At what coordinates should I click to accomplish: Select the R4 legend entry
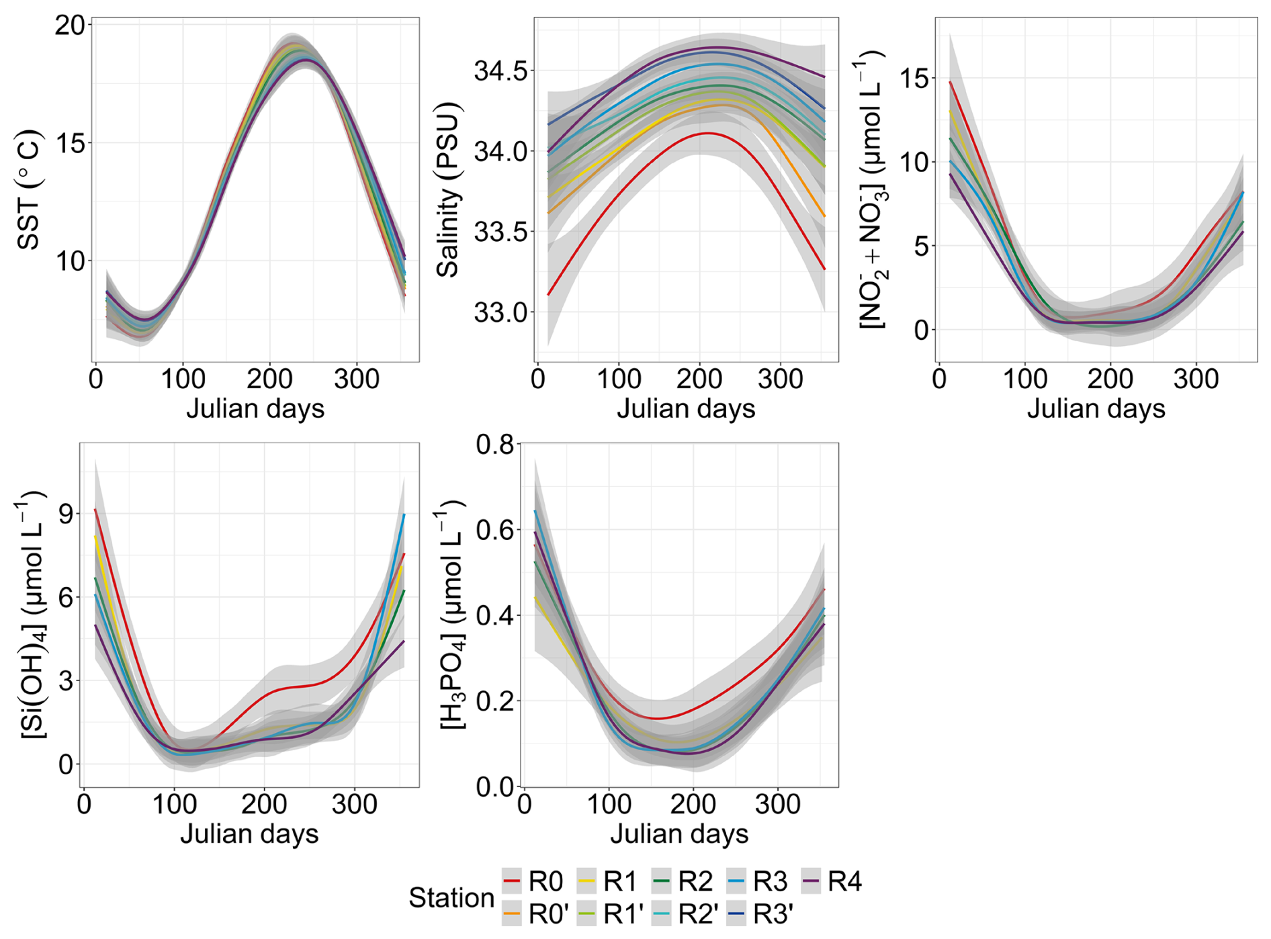pyautogui.click(x=832, y=881)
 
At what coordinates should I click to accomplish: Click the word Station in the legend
pyautogui.click(x=451, y=897)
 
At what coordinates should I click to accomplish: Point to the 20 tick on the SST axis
pyautogui.click(x=71, y=26)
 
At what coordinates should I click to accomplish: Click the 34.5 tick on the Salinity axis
pyautogui.click(x=501, y=71)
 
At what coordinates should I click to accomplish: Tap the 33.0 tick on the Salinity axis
pyautogui.click(x=501, y=312)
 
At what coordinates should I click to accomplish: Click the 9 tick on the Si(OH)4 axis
pyautogui.click(x=66, y=514)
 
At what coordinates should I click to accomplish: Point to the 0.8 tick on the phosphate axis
pyautogui.click(x=494, y=444)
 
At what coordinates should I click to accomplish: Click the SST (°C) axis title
pyautogui.click(x=29, y=190)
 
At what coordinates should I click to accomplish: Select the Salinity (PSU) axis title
pyautogui.click(x=447, y=190)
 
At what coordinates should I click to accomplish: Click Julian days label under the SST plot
pyautogui.click(x=255, y=408)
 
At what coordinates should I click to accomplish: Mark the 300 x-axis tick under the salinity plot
pyautogui.click(x=780, y=379)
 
